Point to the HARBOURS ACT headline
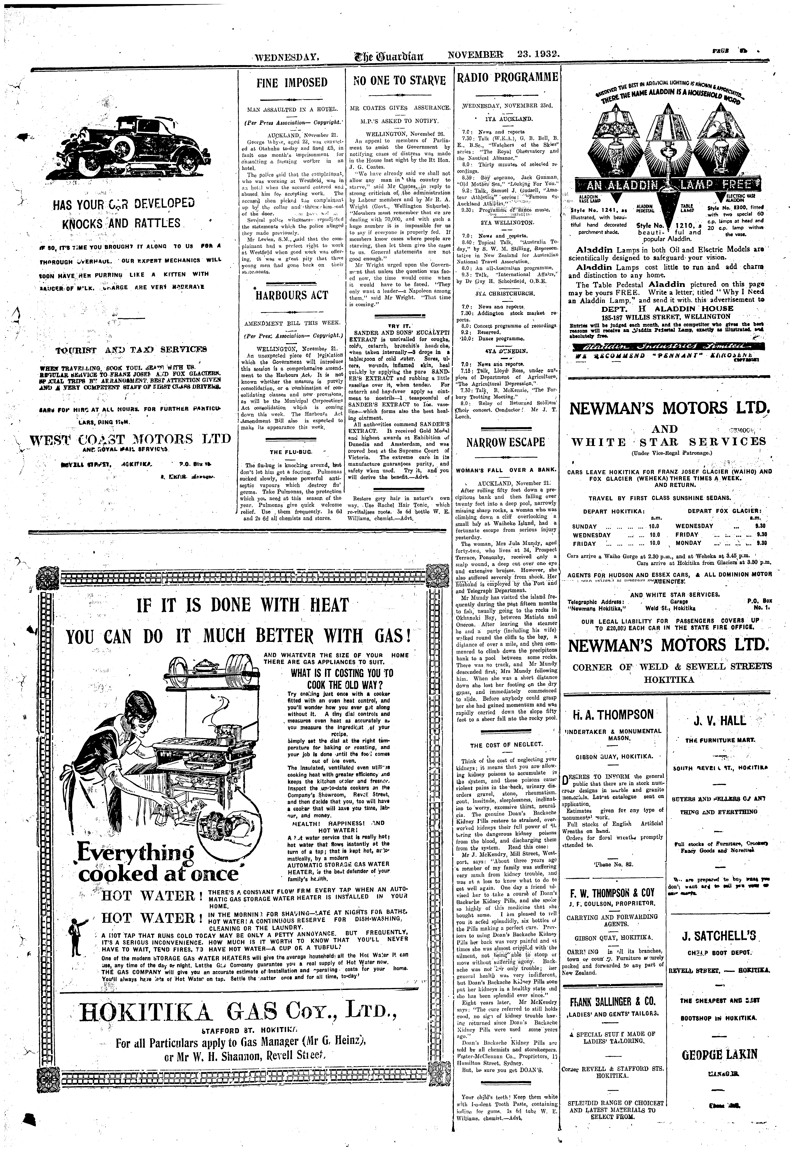point(291,295)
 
